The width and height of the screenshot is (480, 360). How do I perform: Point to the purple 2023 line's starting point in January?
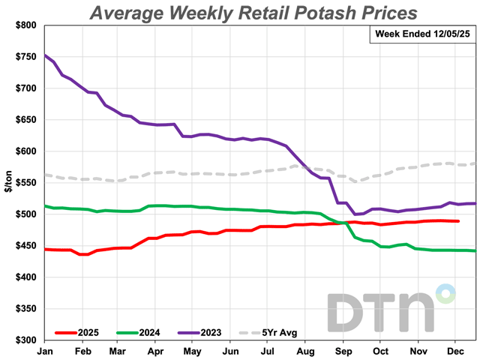(x=45, y=55)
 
